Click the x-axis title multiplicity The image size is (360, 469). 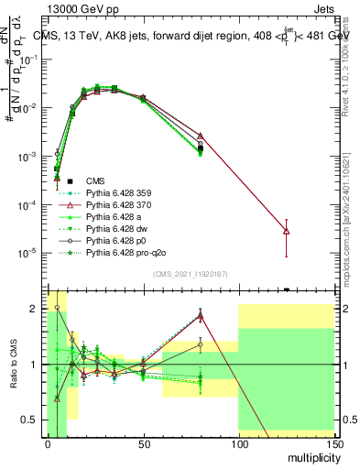(308, 455)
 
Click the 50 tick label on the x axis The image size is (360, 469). (143, 443)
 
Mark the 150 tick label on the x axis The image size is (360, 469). (334, 443)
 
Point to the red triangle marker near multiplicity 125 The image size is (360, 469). (287, 231)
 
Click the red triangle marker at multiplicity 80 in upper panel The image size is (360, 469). (201, 136)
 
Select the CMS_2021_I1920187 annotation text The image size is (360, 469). (190, 274)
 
